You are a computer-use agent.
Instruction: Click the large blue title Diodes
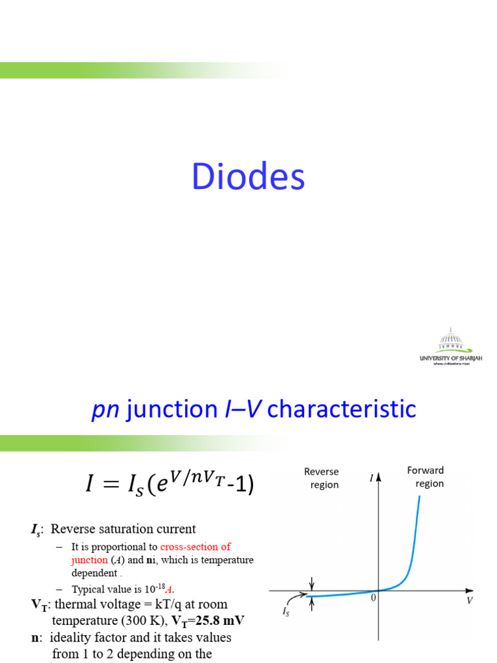[x=248, y=177]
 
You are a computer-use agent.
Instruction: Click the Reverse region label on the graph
[x=322, y=478]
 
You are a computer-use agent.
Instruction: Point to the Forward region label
[x=426, y=477]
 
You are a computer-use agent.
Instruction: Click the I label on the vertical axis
[x=371, y=478]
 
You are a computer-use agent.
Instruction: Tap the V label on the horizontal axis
[x=469, y=601]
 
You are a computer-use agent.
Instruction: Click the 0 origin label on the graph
[x=373, y=599]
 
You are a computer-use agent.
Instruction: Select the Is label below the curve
[x=286, y=610]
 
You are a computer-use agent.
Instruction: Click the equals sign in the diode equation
[x=120, y=484]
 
